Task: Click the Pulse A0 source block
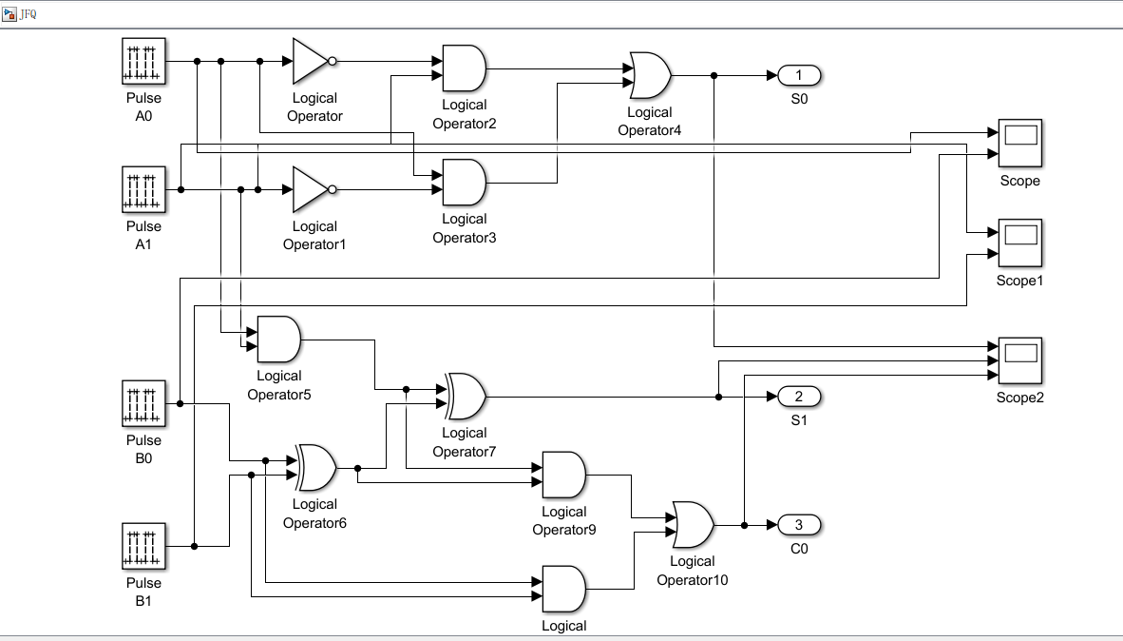(143, 61)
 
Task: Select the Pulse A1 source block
(143, 189)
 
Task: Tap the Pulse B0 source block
(143, 403)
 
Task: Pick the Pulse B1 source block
(143, 546)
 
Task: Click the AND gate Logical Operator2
(464, 68)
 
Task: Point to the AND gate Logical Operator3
(464, 182)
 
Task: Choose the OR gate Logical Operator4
(650, 75)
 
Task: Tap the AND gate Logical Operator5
(278, 340)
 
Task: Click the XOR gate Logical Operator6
(315, 467)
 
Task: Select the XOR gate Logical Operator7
(466, 396)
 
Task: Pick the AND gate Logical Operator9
(563, 475)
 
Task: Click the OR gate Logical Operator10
(693, 524)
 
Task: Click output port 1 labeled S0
(799, 75)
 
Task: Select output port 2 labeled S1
(799, 396)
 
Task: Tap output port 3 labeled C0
(799, 524)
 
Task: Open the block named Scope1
(1019, 243)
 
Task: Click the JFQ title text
(28, 14)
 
